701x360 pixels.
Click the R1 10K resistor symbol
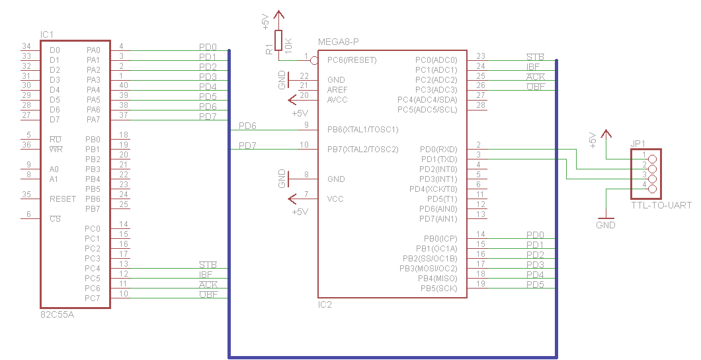pyautogui.click(x=278, y=40)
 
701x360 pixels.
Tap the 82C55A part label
pyautogui.click(x=57, y=315)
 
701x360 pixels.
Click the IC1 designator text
pyautogui.click(x=47, y=34)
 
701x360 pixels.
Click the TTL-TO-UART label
pyautogui.click(x=661, y=205)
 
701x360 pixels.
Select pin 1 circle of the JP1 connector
pyautogui.click(x=653, y=159)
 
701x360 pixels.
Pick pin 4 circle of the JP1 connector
pyautogui.click(x=653, y=189)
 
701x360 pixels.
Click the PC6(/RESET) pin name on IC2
pyautogui.click(x=352, y=60)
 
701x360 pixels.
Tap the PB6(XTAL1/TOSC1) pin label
pyautogui.click(x=362, y=129)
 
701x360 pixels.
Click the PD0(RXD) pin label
pyautogui.click(x=438, y=150)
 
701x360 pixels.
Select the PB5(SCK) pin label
pyautogui.click(x=438, y=288)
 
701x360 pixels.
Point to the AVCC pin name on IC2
pyautogui.click(x=337, y=100)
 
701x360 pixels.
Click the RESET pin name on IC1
pyautogui.click(x=62, y=199)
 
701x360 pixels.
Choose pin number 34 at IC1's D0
pyautogui.click(x=26, y=46)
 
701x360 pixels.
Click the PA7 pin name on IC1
pyautogui.click(x=93, y=120)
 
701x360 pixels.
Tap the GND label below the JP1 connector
pyautogui.click(x=605, y=225)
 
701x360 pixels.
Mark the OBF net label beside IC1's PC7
pyautogui.click(x=208, y=294)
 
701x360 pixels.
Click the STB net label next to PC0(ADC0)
pyautogui.click(x=535, y=57)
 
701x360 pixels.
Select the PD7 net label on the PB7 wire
pyautogui.click(x=247, y=146)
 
